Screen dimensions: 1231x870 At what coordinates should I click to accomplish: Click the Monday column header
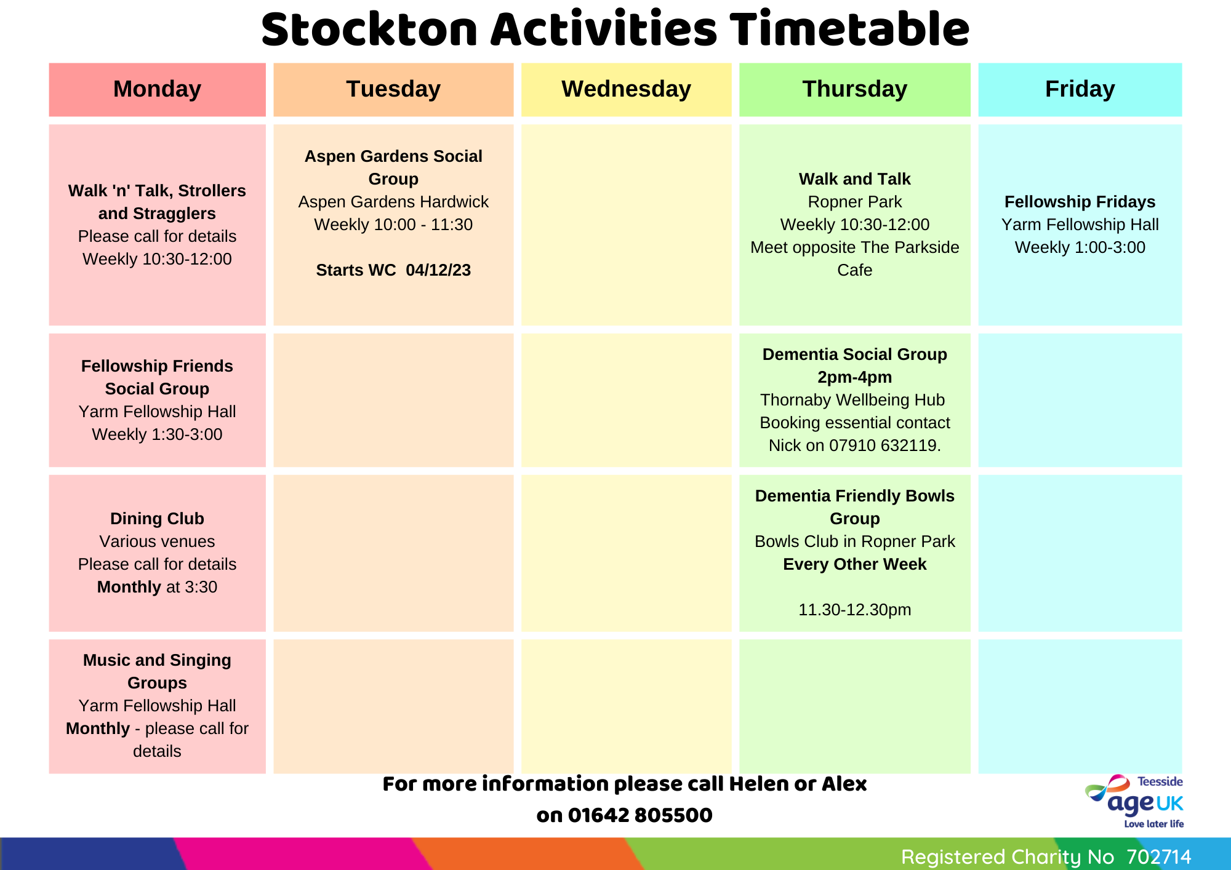157,89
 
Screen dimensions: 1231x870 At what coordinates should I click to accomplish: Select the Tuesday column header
393,89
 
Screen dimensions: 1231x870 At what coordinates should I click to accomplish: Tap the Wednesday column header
626,89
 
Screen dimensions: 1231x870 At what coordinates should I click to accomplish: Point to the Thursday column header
854,89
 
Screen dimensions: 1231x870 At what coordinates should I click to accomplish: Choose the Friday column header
1080,89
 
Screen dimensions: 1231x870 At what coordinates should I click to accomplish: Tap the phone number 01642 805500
640,815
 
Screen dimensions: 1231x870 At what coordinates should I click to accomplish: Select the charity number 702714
1159,856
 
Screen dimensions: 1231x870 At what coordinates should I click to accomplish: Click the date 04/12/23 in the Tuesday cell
438,270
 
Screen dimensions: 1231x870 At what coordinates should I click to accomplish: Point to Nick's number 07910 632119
883,445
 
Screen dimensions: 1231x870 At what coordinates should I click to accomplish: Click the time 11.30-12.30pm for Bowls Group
855,610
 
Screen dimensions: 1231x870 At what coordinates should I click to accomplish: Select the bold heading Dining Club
157,519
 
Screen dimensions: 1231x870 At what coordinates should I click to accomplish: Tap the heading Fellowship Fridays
1080,202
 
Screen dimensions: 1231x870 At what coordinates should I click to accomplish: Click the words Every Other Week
855,564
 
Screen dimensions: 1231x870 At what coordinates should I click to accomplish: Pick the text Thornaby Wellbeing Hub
852,400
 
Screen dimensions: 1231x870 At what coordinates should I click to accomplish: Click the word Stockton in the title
369,30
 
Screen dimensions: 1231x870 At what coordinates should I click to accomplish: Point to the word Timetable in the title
849,29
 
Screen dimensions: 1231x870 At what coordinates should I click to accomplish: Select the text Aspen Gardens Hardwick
393,202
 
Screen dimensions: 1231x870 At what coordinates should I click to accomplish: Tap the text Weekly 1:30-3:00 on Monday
157,434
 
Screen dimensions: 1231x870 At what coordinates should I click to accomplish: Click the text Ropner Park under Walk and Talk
855,202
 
